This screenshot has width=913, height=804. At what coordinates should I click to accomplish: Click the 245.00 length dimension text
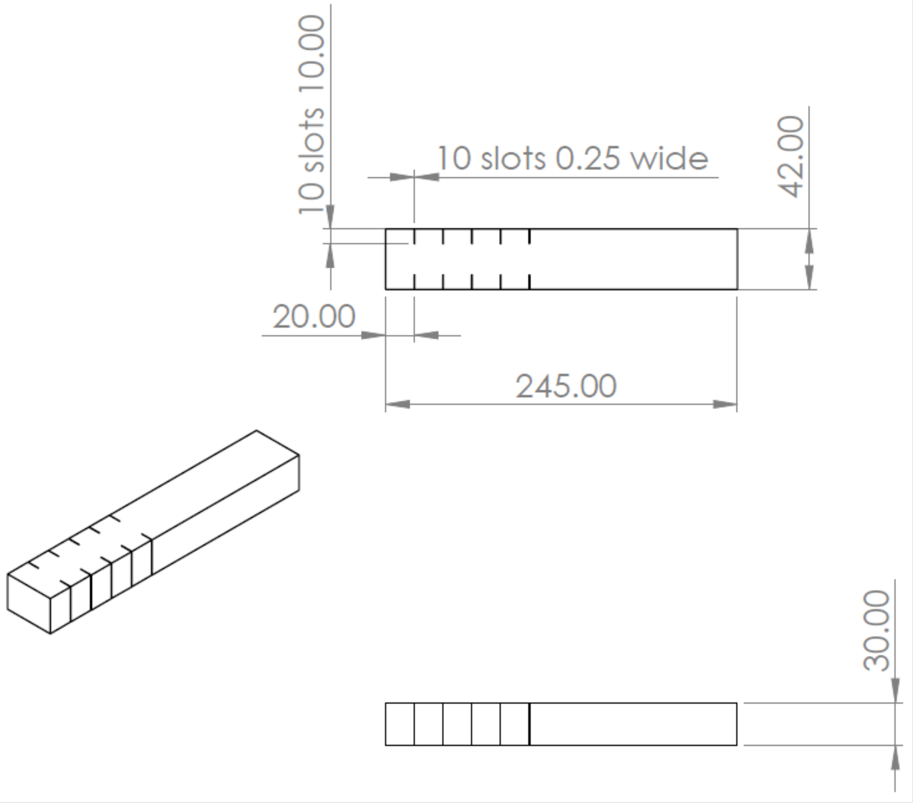tap(566, 386)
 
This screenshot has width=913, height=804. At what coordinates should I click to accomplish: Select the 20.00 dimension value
tap(314, 317)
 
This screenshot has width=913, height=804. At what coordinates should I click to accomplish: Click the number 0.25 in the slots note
tap(588, 159)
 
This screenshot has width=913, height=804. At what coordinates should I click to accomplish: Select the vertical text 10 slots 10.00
tap(311, 115)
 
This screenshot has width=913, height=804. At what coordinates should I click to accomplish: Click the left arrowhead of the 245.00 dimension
tap(398, 404)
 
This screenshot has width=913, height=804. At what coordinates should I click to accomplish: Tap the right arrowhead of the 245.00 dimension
tap(724, 404)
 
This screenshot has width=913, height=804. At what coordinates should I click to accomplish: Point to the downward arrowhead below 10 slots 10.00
tap(330, 218)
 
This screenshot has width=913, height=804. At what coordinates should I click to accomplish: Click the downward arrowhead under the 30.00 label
tap(895, 691)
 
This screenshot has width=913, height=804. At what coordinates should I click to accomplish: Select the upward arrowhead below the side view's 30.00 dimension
tap(895, 758)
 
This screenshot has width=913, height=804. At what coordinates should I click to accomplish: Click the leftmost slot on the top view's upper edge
tap(414, 236)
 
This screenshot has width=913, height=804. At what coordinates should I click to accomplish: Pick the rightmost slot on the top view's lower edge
tap(530, 282)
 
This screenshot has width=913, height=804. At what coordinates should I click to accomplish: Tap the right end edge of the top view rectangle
tap(737, 259)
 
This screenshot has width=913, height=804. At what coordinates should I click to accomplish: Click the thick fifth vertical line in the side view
tap(530, 724)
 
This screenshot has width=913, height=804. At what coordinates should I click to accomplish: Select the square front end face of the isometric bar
tap(29, 603)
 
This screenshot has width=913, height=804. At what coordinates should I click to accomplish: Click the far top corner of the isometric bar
tap(257, 431)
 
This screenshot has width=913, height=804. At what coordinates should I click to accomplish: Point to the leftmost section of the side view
tap(400, 724)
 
